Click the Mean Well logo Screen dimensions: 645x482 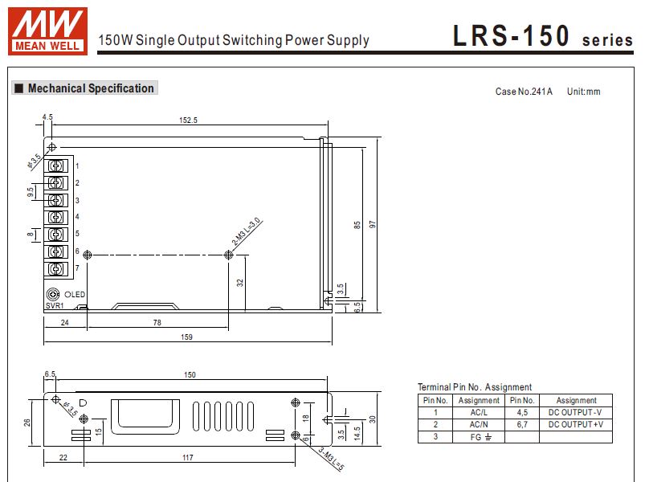pos(47,31)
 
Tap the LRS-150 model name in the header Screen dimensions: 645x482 pos(512,36)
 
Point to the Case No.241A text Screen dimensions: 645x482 pos(524,92)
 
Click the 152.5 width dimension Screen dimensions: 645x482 pos(188,120)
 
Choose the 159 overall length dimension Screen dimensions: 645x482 pos(187,337)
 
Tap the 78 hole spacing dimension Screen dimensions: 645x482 pos(157,323)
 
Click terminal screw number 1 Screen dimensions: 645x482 pos(56,165)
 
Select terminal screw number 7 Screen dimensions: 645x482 pos(56,269)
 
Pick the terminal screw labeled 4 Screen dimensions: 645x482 pos(56,217)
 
